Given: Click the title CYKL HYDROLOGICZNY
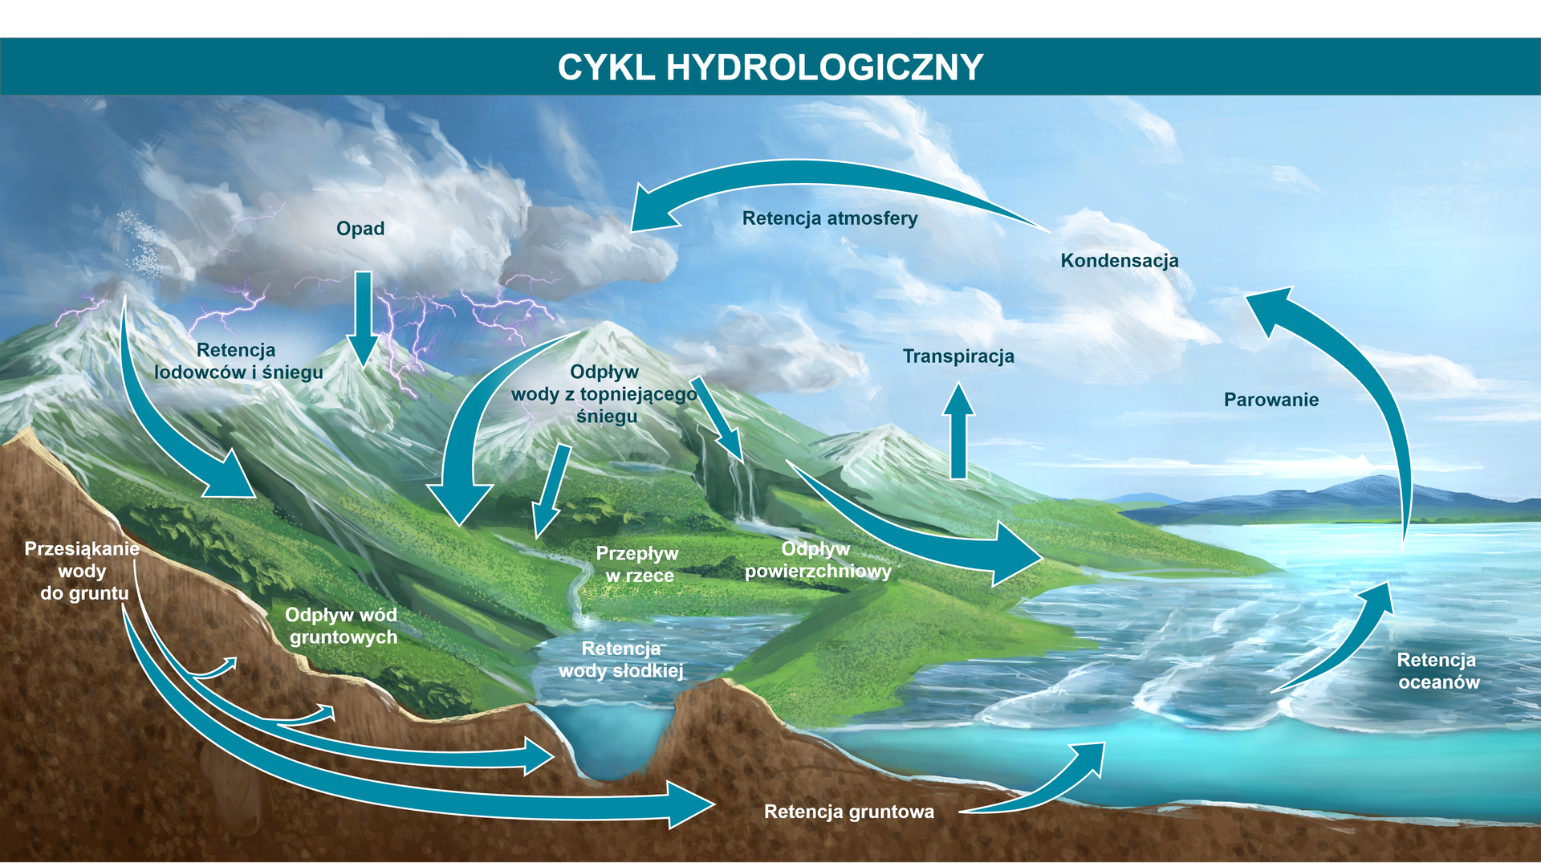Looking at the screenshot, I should tap(770, 67).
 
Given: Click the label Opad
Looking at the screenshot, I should tap(360, 229).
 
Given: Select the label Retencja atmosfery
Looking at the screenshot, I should tap(830, 218).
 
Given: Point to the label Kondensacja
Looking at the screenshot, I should tap(1120, 261).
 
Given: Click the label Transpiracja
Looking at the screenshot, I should tap(958, 356).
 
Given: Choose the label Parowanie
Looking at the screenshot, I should tap(1271, 400).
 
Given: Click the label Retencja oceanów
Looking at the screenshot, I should tap(1438, 671).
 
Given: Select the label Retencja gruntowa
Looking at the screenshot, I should tap(849, 812).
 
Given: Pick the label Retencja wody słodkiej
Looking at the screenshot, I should tap(621, 660).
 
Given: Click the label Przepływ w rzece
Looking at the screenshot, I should tap(638, 564).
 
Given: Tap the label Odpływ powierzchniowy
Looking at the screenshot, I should tap(817, 560).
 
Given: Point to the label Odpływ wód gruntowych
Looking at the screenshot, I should tap(342, 626).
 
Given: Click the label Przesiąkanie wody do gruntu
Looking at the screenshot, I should tap(82, 571).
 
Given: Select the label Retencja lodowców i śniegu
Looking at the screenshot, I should tap(238, 361).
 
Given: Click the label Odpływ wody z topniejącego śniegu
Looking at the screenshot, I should tap(605, 394).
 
